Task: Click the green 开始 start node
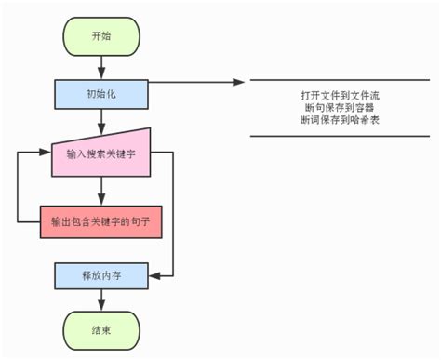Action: [102, 35]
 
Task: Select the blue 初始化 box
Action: [102, 93]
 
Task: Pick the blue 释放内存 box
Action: [102, 275]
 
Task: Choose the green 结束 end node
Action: [102, 328]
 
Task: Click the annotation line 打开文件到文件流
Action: [339, 96]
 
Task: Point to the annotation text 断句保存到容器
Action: [339, 108]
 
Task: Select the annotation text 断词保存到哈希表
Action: [339, 120]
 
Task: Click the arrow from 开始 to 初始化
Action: [102, 65]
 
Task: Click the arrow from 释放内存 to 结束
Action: [102, 300]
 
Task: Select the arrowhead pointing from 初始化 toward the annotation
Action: [239, 82]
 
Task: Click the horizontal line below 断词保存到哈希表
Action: [339, 137]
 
